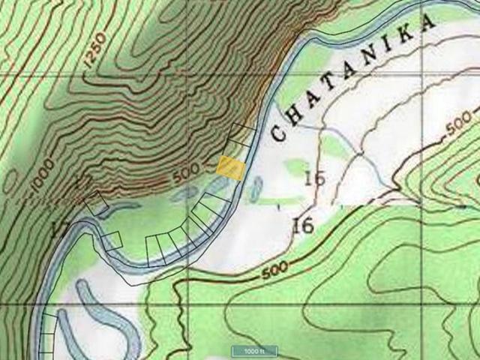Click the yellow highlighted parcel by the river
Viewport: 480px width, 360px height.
tap(230, 167)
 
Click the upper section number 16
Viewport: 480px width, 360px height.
tap(314, 178)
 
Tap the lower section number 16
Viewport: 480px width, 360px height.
tap(303, 224)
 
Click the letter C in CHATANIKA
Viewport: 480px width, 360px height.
tap(278, 133)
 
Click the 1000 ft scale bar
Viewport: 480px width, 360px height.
tap(253, 351)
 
